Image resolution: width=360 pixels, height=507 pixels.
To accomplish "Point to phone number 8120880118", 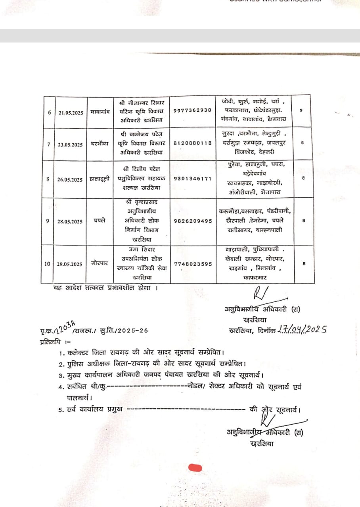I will [192, 143].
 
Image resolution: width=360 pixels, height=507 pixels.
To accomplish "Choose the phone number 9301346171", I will [192, 178].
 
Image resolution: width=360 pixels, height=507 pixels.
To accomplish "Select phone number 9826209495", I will [192, 221].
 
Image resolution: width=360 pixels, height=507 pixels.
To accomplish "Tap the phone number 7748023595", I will [192, 263].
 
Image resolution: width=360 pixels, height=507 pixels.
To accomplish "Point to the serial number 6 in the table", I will [49, 112].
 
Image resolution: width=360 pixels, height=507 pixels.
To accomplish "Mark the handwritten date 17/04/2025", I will [302, 329].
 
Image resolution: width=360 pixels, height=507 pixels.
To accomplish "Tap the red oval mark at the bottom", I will [195, 468].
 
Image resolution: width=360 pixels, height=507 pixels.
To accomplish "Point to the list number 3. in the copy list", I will [61, 375].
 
